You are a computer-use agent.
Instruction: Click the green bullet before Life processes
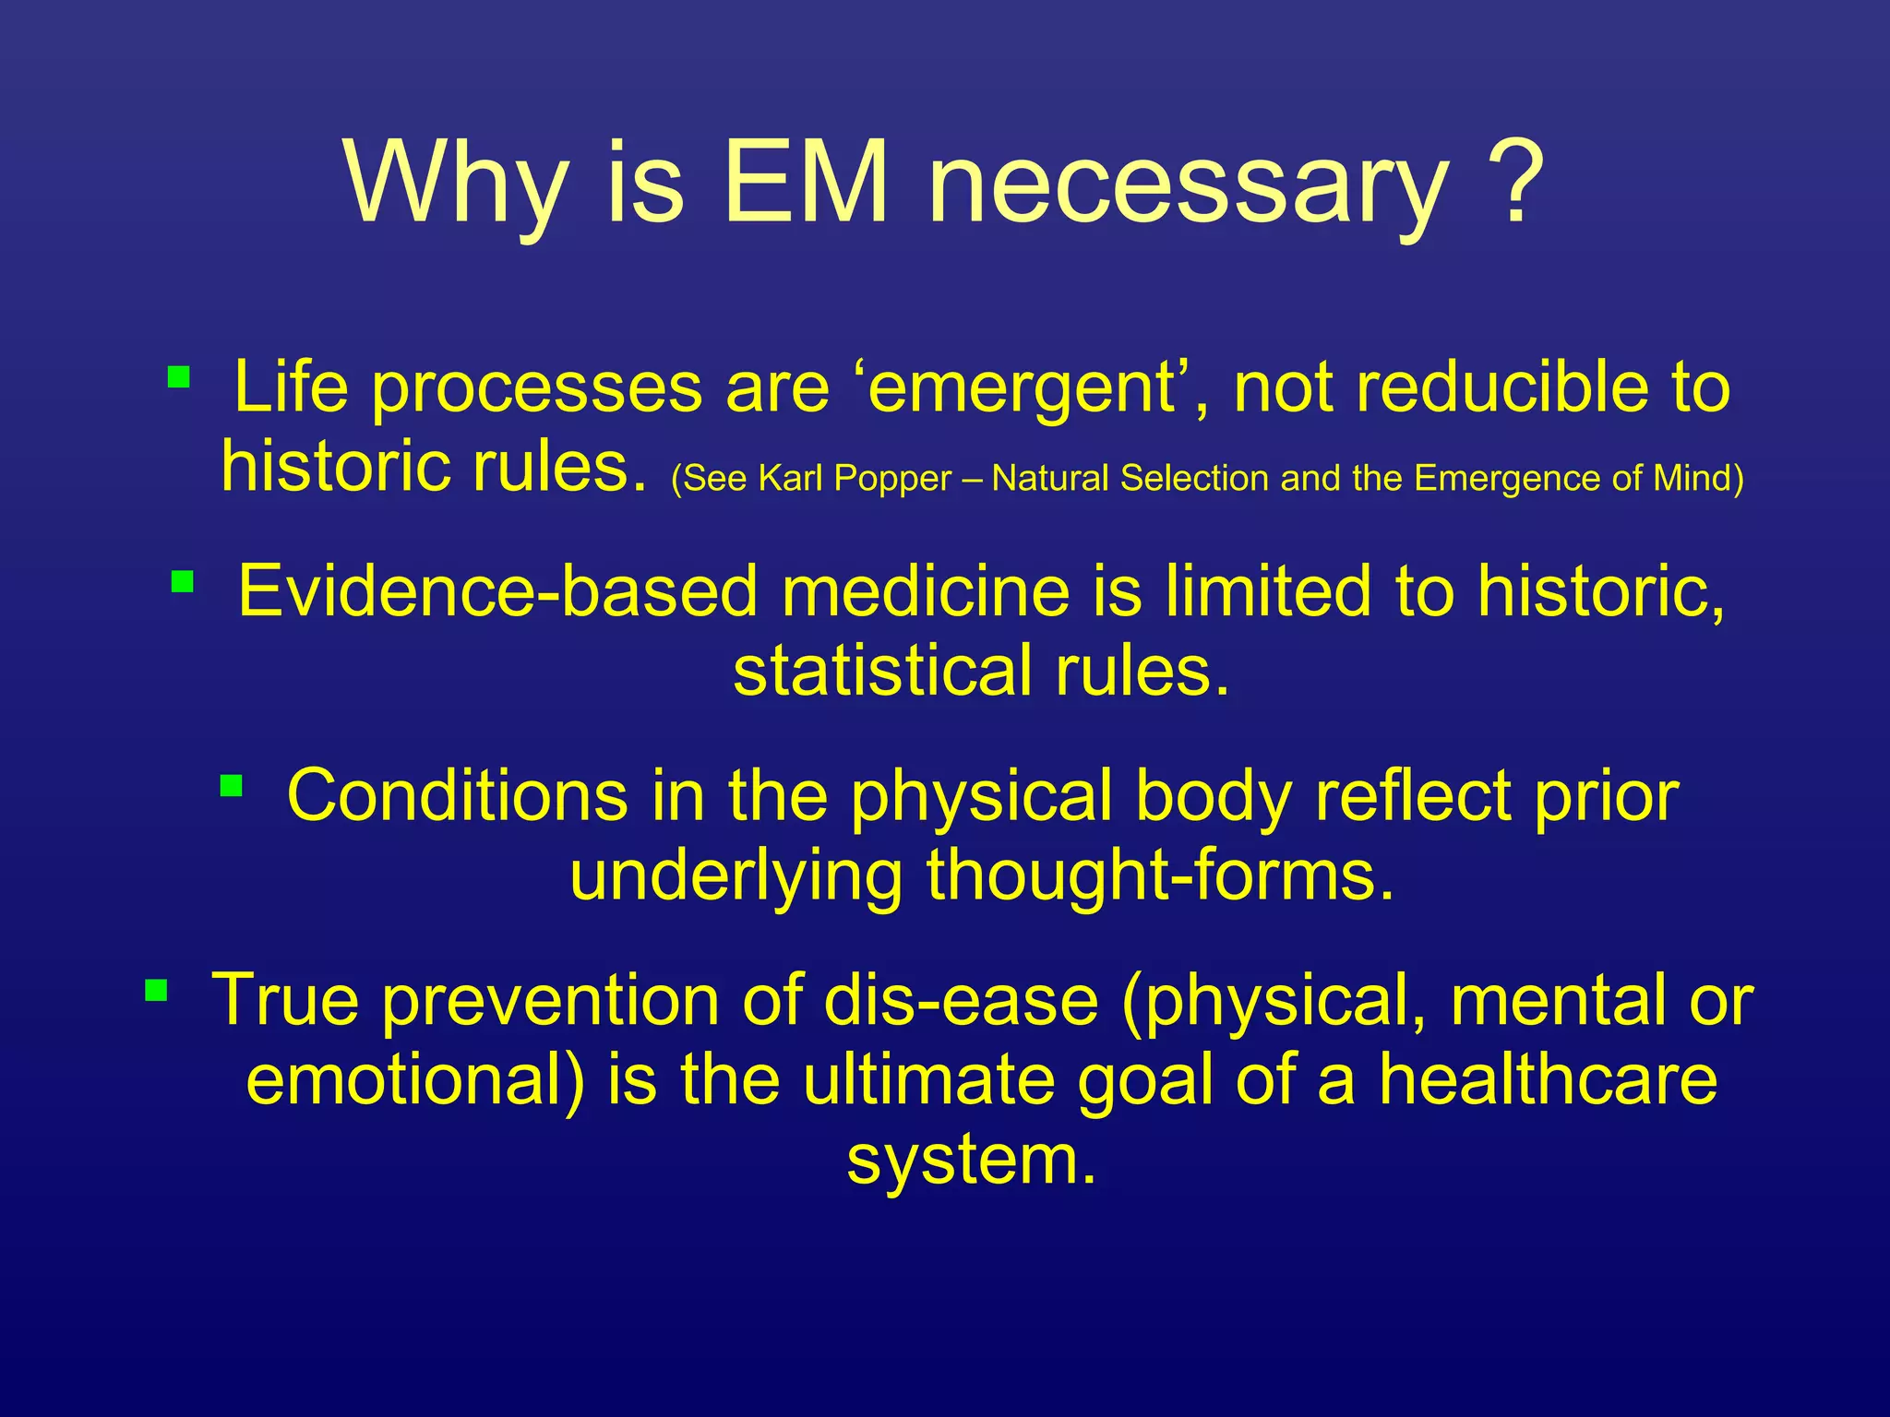(x=179, y=376)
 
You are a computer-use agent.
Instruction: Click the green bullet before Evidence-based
(x=183, y=581)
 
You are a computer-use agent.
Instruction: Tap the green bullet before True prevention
(x=156, y=991)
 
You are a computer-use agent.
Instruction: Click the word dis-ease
(x=961, y=1000)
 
